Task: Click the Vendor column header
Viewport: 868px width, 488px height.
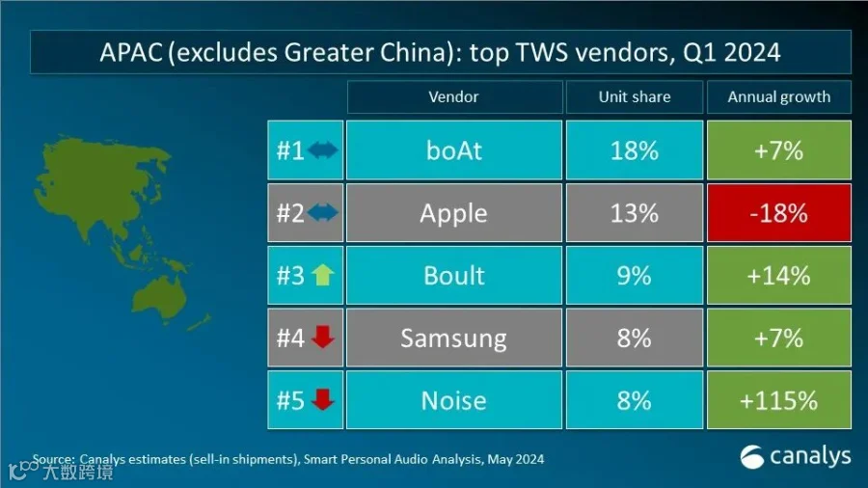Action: [x=454, y=96]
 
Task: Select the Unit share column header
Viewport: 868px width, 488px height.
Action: [x=635, y=96]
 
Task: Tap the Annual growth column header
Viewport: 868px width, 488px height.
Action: [x=779, y=96]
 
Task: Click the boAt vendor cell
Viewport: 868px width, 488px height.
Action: [x=454, y=149]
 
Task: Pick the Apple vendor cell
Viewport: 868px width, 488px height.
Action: [x=454, y=213]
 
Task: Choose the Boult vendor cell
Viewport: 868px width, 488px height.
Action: [x=454, y=276]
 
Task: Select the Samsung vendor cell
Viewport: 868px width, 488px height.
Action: [x=454, y=339]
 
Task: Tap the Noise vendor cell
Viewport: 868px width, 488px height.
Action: [x=454, y=400]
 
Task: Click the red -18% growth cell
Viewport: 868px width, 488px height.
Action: [x=779, y=213]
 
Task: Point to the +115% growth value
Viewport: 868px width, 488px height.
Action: [x=779, y=400]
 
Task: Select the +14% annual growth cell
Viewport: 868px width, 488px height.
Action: [x=779, y=276]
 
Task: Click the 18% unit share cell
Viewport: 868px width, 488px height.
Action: [x=635, y=149]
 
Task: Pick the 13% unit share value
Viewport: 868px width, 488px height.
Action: [x=635, y=213]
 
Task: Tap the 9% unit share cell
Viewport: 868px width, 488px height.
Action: [x=635, y=276]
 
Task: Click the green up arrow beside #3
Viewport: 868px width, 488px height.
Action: [x=323, y=275]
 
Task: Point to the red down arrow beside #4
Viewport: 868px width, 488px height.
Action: [x=323, y=337]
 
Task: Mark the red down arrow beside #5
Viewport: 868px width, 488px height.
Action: [x=323, y=399]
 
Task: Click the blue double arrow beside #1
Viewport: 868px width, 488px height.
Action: [x=323, y=149]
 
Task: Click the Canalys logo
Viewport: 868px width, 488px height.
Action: [x=796, y=457]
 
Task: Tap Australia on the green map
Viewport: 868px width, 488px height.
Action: [x=159, y=296]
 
